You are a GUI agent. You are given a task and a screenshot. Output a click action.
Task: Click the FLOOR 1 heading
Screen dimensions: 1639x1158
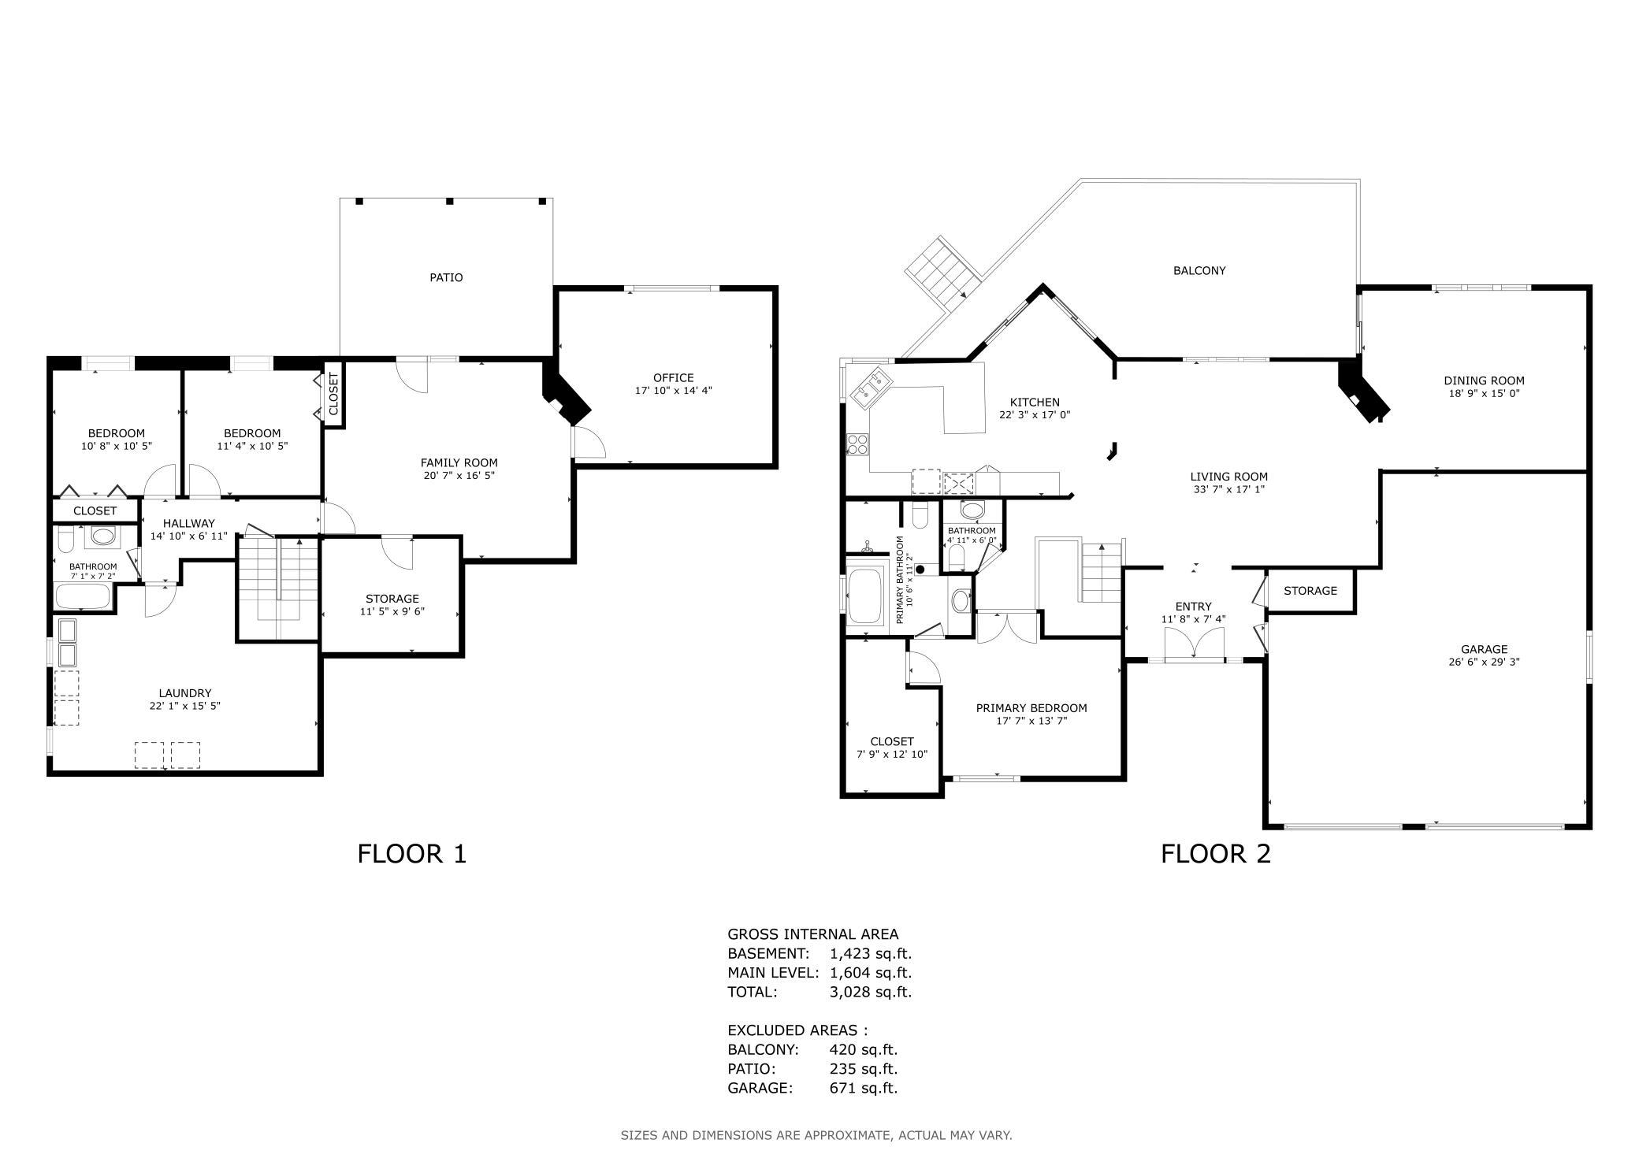tap(412, 854)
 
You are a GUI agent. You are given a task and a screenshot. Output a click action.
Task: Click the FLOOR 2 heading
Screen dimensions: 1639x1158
tap(1216, 854)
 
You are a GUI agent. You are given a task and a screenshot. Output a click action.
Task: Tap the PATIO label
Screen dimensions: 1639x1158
tap(446, 277)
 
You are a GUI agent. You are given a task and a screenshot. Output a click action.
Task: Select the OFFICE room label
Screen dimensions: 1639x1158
tap(674, 378)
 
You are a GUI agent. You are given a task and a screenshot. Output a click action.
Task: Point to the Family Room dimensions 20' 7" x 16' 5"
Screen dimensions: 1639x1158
tap(459, 475)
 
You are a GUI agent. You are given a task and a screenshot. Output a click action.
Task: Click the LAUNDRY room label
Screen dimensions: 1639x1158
tap(185, 693)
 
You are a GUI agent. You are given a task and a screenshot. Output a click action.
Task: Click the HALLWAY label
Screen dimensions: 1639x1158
tap(189, 523)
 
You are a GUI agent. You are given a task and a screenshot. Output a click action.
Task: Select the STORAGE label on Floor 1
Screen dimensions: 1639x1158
tap(392, 599)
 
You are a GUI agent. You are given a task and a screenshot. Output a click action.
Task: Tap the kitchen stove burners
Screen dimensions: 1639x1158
tap(857, 445)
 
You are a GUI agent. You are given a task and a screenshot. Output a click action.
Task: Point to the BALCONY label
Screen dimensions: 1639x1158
tap(1199, 270)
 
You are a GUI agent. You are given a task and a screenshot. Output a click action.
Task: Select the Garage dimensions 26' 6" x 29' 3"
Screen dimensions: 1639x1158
tap(1485, 663)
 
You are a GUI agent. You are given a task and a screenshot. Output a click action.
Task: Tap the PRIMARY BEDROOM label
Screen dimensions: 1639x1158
tap(1031, 708)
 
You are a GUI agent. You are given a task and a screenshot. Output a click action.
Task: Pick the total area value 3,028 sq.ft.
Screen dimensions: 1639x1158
tap(871, 992)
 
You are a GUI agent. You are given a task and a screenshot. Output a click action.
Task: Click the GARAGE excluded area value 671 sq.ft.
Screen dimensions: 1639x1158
tap(864, 1088)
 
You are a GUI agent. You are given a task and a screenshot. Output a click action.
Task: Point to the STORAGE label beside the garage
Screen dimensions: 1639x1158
tap(1310, 591)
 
